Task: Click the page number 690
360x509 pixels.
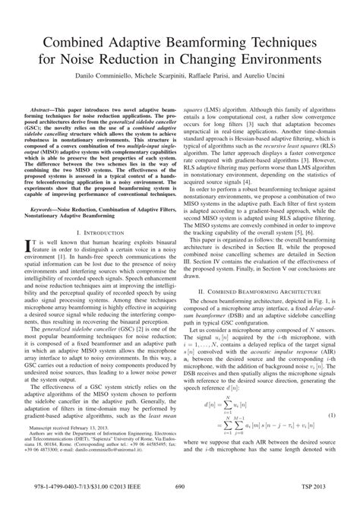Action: [180, 489]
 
